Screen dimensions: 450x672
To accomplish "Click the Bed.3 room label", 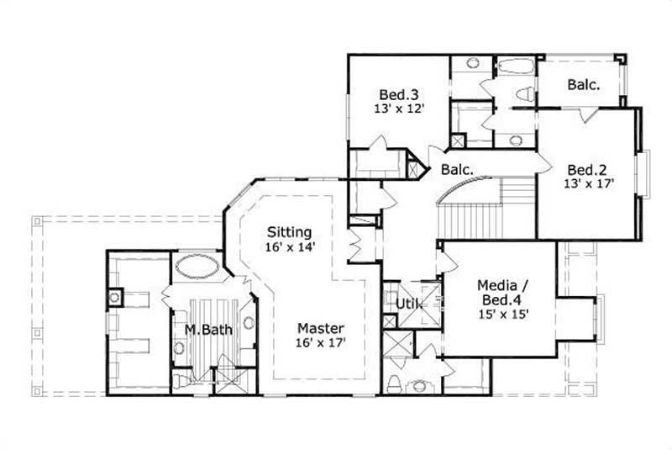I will [x=392, y=93].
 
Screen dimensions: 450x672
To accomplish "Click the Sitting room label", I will [x=289, y=231].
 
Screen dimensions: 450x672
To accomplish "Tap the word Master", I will [x=320, y=327].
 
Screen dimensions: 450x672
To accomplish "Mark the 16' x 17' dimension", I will [x=320, y=342].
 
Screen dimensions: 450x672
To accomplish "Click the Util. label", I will [x=408, y=302].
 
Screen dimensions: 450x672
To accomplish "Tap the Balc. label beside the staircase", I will [x=457, y=170].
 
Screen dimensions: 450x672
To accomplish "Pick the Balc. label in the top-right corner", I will [x=582, y=84].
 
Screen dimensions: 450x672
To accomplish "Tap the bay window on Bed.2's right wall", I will [x=643, y=175].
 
